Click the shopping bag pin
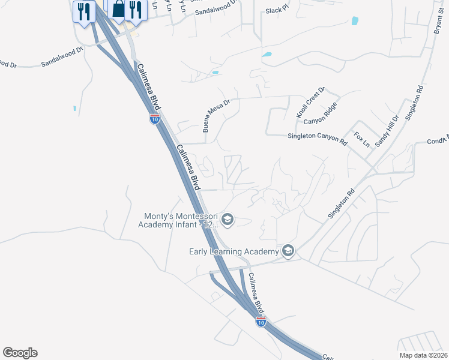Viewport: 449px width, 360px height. click(x=118, y=10)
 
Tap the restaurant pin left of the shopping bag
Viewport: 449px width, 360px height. click(x=83, y=11)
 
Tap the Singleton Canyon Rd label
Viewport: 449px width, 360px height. click(x=318, y=139)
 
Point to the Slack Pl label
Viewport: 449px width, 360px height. click(x=277, y=11)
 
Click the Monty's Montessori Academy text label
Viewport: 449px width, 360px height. click(x=178, y=221)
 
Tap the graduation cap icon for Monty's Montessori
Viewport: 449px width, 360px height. click(x=227, y=220)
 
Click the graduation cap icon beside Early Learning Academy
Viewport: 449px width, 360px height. click(x=288, y=251)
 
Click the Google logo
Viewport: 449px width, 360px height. click(x=20, y=353)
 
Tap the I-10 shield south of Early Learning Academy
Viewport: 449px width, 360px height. click(x=261, y=322)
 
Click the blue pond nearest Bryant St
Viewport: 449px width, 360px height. click(x=355, y=21)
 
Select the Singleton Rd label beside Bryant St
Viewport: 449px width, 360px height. click(x=415, y=104)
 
